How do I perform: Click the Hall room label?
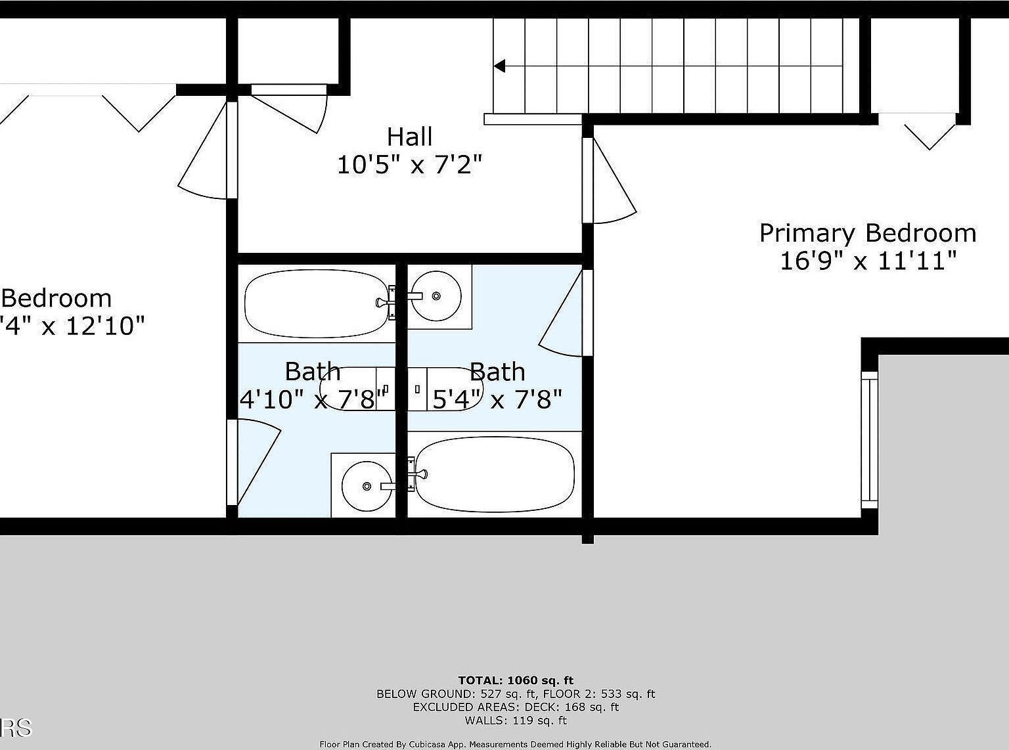click(409, 137)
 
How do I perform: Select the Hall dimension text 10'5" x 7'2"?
click(409, 164)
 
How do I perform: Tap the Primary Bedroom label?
click(867, 233)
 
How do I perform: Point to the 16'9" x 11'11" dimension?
click(867, 261)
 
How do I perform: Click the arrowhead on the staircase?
click(499, 66)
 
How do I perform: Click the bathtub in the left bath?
click(315, 303)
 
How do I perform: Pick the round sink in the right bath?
click(436, 296)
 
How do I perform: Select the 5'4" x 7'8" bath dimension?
click(497, 399)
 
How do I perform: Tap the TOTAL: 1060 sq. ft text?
click(516, 680)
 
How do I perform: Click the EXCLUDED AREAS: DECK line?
click(516, 707)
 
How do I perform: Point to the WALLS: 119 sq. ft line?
click(516, 720)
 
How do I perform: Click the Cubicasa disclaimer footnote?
click(516, 744)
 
